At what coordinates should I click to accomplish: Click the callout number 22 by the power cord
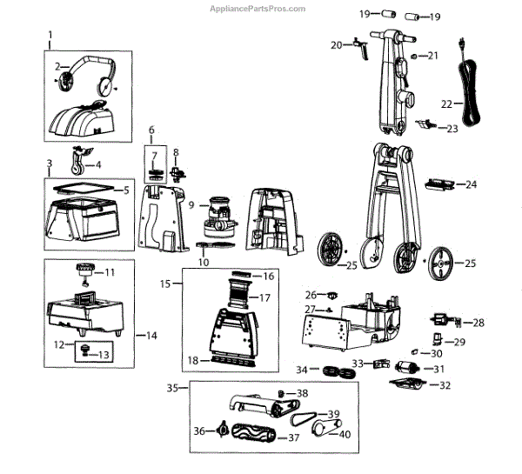(x=446, y=103)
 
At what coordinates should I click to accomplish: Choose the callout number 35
(x=172, y=388)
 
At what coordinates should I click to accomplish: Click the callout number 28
(x=478, y=323)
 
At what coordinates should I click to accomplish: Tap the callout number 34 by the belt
(x=301, y=370)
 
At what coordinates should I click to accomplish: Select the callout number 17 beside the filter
(x=264, y=297)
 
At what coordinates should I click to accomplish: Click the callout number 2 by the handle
(x=57, y=66)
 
